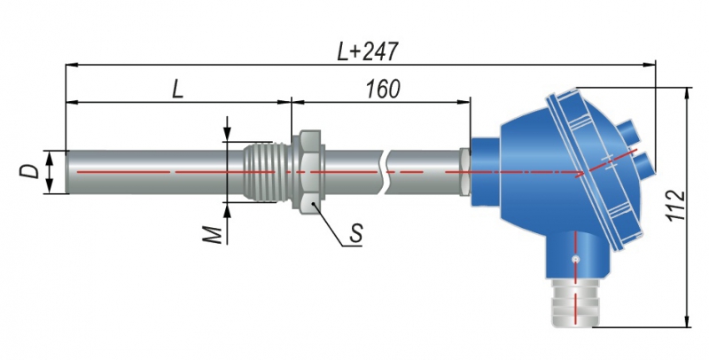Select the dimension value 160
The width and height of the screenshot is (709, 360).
point(382,89)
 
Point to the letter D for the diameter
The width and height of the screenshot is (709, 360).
point(30,170)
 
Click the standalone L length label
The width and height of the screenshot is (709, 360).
point(177,90)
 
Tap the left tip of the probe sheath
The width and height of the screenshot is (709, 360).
point(69,170)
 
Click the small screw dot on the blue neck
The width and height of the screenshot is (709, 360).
point(577,259)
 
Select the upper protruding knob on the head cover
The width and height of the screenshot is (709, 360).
point(631,130)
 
